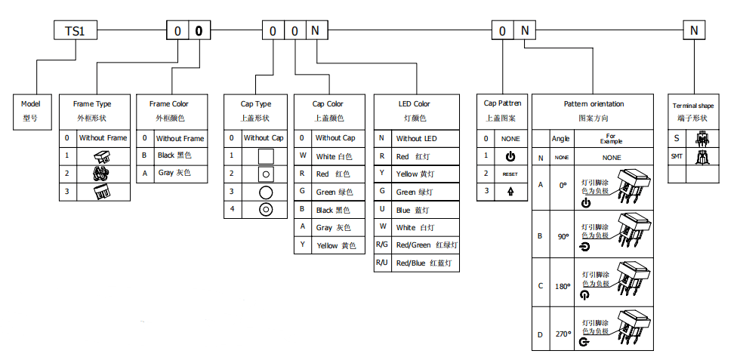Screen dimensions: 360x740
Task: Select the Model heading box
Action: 30,110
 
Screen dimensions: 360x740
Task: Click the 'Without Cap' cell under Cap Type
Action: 264,138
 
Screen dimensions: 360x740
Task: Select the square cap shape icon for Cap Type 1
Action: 265,156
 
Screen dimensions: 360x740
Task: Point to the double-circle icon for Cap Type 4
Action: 265,210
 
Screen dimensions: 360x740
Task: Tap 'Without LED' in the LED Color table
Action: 417,138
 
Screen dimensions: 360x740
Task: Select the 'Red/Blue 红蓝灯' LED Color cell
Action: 423,263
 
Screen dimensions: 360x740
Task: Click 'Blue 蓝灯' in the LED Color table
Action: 417,210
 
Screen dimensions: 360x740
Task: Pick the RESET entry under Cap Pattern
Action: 510,174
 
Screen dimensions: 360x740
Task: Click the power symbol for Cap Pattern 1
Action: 510,156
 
